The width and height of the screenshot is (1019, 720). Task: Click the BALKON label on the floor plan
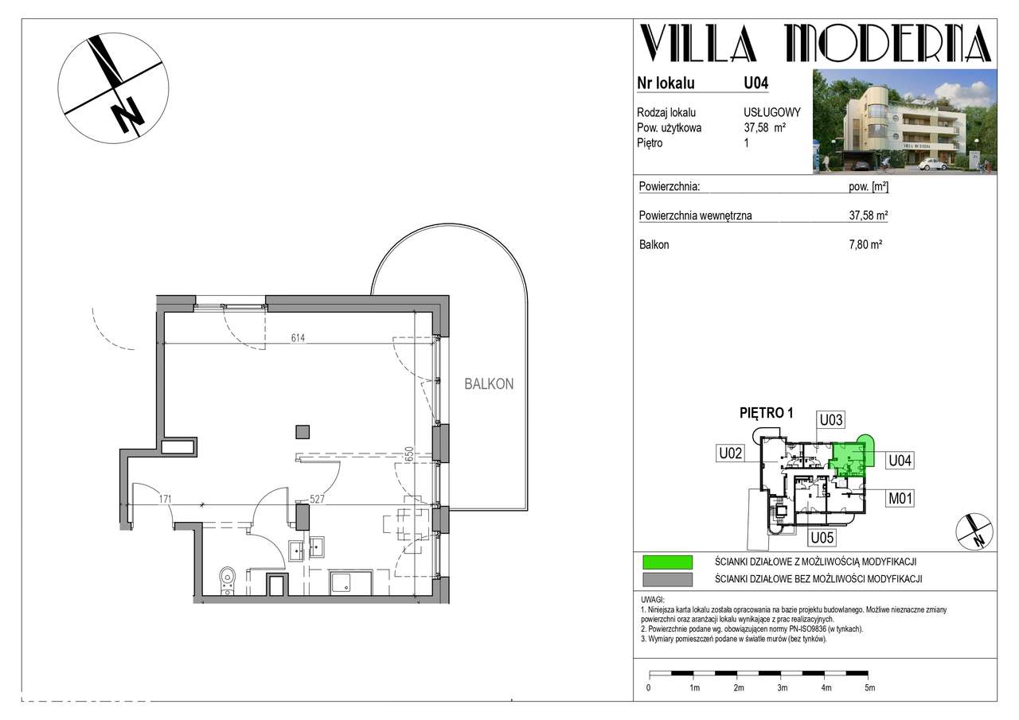pos(489,384)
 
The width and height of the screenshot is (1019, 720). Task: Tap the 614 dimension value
pos(298,338)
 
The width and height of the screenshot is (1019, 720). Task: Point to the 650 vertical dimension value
pos(409,454)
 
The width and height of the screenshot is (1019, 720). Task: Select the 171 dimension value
pos(165,499)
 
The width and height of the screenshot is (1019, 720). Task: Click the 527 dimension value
pos(317,499)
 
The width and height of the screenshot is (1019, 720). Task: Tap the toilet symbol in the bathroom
pos(227,581)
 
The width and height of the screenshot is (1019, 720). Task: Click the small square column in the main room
pos(303,432)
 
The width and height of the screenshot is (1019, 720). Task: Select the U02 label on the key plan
pos(730,453)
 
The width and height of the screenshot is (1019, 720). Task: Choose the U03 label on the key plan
pos(830,419)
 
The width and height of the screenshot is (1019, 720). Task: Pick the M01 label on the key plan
pos(900,499)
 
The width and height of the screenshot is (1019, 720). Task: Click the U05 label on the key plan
pos(822,538)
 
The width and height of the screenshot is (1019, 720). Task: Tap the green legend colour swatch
pos(667,562)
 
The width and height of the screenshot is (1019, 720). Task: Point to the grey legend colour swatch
pos(667,579)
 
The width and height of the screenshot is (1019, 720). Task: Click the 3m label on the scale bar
pos(782,687)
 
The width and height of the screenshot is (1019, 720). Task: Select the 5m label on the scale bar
pos(869,687)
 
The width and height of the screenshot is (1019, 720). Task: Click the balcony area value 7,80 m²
pos(865,244)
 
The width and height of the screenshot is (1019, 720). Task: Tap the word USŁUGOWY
pos(772,112)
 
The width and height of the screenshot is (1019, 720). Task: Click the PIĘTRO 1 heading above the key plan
pos(767,413)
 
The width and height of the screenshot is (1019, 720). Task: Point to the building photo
pos(904,122)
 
